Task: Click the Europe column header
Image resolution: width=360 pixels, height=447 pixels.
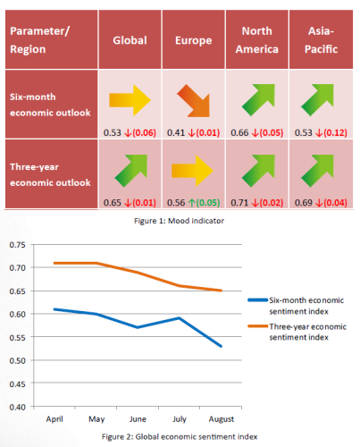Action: click(193, 40)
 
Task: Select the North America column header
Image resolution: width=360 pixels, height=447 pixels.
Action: click(257, 40)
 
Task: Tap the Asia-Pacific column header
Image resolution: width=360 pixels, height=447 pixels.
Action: click(321, 40)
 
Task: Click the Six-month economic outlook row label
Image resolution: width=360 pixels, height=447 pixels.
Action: click(50, 105)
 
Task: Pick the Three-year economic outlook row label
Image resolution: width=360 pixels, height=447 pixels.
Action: click(50, 174)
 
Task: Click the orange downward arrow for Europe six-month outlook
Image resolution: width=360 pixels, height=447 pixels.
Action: click(195, 101)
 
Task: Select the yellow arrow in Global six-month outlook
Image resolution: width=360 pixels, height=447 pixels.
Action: click(130, 100)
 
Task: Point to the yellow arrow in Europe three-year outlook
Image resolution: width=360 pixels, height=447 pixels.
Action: click(192, 171)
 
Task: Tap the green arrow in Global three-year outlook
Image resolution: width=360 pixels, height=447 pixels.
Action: click(132, 171)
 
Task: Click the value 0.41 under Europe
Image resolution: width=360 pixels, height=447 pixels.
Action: click(176, 132)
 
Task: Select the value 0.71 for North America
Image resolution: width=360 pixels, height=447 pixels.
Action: click(239, 203)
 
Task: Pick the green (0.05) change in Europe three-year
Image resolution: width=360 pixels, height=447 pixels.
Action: click(208, 203)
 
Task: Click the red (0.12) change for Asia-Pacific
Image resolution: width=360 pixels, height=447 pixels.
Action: click(335, 132)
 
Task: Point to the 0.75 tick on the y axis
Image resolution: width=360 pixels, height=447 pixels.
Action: click(18, 245)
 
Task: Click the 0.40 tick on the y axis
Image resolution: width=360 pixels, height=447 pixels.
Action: click(18, 407)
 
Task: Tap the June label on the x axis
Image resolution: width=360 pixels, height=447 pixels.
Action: click(138, 419)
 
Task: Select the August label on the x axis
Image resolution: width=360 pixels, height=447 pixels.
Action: click(222, 419)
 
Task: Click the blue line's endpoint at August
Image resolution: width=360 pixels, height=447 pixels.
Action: click(222, 346)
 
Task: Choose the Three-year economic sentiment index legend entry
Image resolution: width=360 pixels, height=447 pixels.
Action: click(297, 332)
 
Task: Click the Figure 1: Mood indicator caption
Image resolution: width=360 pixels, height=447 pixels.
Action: click(179, 221)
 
